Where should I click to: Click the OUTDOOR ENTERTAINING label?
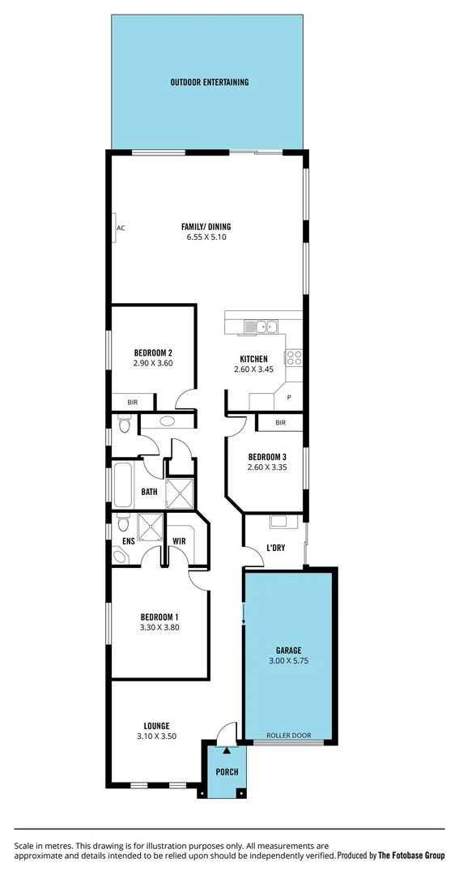[x=209, y=82]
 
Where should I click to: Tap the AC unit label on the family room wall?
[x=121, y=228]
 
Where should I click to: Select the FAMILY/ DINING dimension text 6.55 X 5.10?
[x=209, y=238]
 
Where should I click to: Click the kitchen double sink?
[x=263, y=327]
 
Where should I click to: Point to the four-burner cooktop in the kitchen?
[x=294, y=357]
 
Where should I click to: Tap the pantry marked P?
[x=289, y=398]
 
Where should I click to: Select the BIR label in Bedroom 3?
[x=280, y=423]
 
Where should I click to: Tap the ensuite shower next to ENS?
[x=149, y=527]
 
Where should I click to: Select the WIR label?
[x=179, y=540]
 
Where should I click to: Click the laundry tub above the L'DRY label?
[x=279, y=522]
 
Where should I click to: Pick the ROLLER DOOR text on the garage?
[x=289, y=736]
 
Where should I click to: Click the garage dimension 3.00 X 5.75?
[x=288, y=661]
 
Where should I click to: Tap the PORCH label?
[x=227, y=772]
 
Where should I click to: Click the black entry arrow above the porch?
[x=226, y=753]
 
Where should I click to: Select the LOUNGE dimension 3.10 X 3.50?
[x=156, y=736]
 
